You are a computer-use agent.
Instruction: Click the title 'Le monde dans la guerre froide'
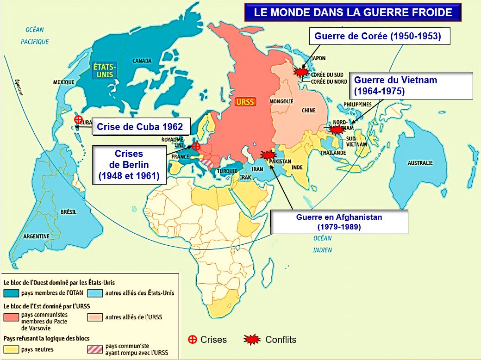click(353, 12)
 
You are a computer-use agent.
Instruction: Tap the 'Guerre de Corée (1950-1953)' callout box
click(377, 36)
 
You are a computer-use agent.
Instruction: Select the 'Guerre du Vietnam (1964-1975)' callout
click(411, 86)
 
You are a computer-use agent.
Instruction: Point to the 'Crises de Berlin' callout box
click(128, 164)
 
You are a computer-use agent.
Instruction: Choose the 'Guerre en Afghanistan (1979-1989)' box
click(339, 222)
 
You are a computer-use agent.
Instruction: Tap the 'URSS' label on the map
click(245, 102)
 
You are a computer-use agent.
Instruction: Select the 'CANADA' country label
click(142, 61)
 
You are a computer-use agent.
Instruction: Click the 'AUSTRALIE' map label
click(419, 163)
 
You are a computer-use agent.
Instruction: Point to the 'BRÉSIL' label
click(69, 211)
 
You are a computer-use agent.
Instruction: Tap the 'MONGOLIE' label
click(281, 101)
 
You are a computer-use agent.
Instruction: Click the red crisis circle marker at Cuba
click(78, 119)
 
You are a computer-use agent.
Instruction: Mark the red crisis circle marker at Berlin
click(196, 146)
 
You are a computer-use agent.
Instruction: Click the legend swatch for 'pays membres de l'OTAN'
click(12, 293)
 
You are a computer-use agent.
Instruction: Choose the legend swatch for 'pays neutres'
click(12, 349)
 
